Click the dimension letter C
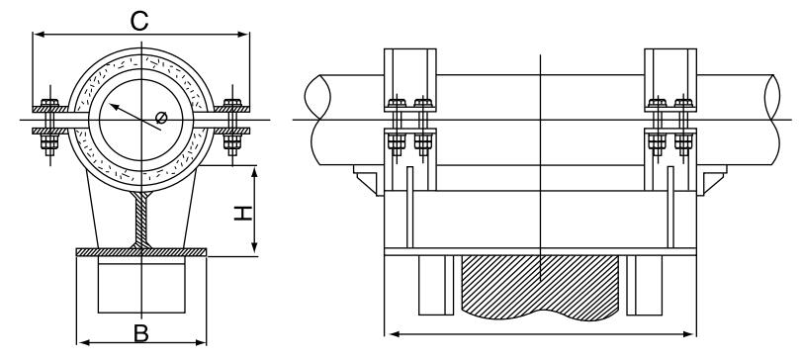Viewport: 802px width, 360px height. point(139,21)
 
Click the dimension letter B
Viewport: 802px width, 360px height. point(140,333)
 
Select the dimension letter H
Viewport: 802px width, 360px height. point(243,214)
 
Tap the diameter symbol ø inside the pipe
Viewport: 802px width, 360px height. point(161,118)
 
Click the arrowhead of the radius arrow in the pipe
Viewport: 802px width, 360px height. point(113,107)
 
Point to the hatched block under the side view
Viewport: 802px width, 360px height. point(540,287)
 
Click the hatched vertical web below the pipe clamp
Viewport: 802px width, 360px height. point(142,220)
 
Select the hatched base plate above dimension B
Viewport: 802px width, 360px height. point(141,252)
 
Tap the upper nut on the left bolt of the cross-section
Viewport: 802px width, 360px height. point(49,103)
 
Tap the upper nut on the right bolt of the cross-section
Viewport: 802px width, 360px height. point(232,103)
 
